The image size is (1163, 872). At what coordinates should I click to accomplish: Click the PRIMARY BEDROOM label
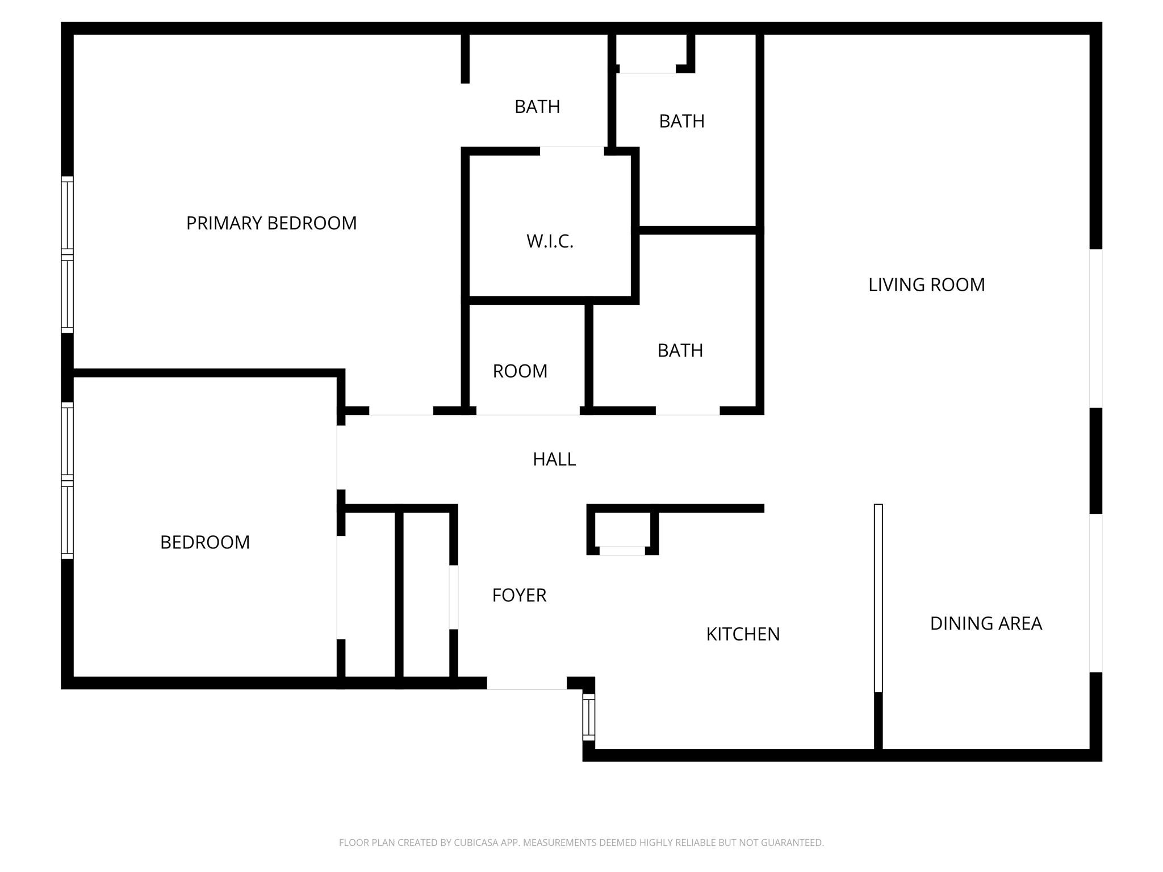(271, 223)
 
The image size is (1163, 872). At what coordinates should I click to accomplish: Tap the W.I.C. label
(550, 241)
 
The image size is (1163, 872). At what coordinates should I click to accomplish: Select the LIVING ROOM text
(926, 284)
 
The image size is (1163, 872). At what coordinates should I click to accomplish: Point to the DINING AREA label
(986, 623)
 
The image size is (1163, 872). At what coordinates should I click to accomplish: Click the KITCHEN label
(743, 634)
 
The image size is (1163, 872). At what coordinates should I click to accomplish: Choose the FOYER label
(519, 595)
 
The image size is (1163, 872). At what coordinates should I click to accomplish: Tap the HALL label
(554, 459)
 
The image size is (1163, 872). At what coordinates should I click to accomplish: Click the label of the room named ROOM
(520, 371)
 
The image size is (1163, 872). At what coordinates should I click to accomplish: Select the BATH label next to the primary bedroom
(537, 107)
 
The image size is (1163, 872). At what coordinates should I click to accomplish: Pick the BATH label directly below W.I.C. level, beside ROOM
(680, 351)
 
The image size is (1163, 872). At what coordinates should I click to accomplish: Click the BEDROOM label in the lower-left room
(205, 542)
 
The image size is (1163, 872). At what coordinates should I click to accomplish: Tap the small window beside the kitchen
(589, 717)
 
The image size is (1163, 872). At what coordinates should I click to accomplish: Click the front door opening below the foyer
(526, 683)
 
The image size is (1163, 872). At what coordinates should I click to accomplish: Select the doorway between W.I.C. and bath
(571, 151)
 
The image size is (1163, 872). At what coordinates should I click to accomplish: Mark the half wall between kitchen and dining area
(878, 597)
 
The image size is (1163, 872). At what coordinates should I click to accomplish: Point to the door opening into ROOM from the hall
(528, 411)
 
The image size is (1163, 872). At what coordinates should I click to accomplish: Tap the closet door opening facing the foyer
(454, 597)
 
